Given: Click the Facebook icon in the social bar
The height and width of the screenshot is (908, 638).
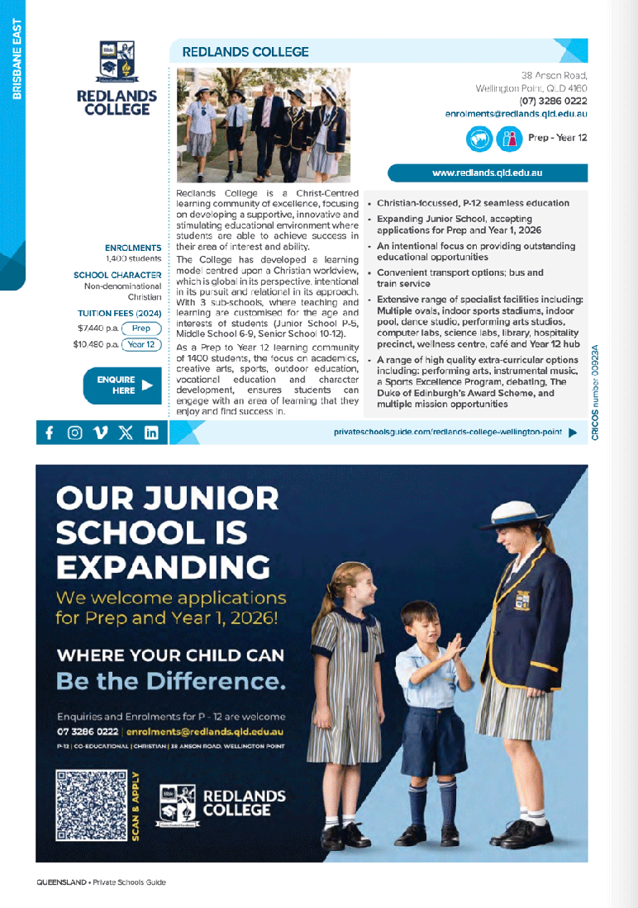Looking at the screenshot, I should coord(50,433).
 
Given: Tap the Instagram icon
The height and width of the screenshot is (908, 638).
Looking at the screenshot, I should coord(75,433).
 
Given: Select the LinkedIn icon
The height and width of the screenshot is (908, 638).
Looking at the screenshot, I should coord(151,433).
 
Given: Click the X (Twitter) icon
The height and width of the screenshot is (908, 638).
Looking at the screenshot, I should coord(126,433).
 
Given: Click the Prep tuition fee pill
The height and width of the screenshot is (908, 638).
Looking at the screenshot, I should coord(141,329).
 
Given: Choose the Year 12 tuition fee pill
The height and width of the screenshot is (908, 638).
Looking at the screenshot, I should coord(141,344).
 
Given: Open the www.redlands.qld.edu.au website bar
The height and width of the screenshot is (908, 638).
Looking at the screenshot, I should coord(488,173).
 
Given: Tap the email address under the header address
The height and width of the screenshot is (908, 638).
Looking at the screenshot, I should coord(516,113).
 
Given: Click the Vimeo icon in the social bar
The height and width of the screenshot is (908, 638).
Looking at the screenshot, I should coord(101,433).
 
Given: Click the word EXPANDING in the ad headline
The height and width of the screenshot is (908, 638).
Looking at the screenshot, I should coord(163,567).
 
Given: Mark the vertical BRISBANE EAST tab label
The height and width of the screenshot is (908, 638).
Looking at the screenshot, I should coord(17,59).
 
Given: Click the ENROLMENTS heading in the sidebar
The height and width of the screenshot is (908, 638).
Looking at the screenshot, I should coord(133,248).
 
